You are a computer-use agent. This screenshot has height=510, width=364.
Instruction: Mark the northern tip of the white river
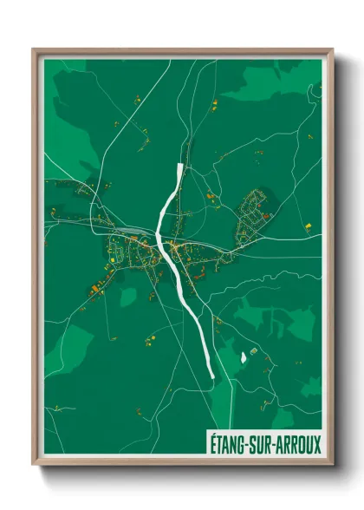pyautogui.click(x=179, y=165)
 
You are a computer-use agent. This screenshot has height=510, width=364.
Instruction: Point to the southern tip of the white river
pyautogui.click(x=211, y=376)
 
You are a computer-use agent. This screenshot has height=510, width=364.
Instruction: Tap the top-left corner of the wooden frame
pyautogui.click(x=34, y=50)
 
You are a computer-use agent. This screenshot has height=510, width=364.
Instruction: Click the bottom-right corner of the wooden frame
pyautogui.click(x=332, y=464)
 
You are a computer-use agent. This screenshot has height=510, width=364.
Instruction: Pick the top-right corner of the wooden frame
pyautogui.click(x=332, y=50)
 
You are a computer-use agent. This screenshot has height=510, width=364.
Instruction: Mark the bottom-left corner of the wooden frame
pyautogui.click(x=34, y=464)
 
